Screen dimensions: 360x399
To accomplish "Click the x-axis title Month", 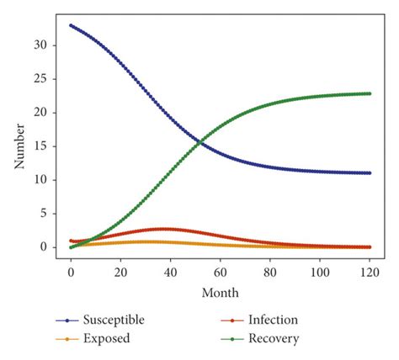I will click(x=221, y=293).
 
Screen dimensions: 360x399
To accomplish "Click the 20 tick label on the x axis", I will click(x=120, y=273).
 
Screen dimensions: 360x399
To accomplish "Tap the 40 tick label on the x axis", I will click(x=170, y=273).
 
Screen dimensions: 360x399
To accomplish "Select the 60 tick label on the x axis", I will click(x=221, y=273).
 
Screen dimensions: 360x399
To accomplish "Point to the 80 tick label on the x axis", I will click(x=270, y=273).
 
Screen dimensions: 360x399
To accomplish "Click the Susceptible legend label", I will click(x=115, y=320).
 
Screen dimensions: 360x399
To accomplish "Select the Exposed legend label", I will click(x=108, y=338).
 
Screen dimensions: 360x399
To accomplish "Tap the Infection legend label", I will click(x=273, y=320).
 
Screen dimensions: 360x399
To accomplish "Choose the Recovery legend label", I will click(x=274, y=338).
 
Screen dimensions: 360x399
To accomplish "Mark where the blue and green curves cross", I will click(x=199, y=141).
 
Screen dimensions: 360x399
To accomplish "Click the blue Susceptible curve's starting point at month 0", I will click(x=71, y=25).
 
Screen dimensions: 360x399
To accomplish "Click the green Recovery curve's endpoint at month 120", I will click(x=370, y=93).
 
